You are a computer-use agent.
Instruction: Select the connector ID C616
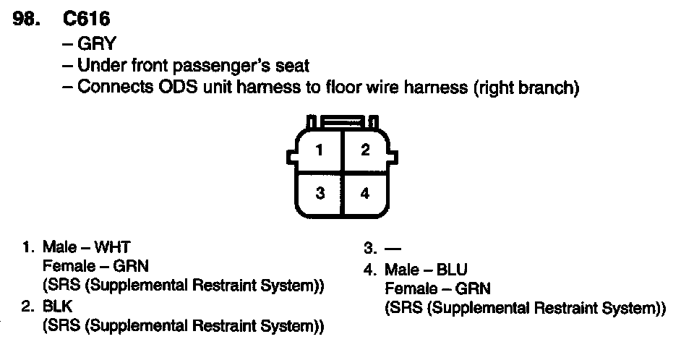coord(86,19)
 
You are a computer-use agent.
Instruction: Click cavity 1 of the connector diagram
coord(318,150)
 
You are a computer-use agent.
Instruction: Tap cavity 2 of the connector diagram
coord(365,150)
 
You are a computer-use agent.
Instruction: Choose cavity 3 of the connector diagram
coord(318,193)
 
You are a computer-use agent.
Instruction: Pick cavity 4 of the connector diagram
coord(365,193)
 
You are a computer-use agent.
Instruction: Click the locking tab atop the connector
coord(342,121)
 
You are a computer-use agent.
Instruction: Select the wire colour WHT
coord(115,247)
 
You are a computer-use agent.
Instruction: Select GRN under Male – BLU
coord(474,289)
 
